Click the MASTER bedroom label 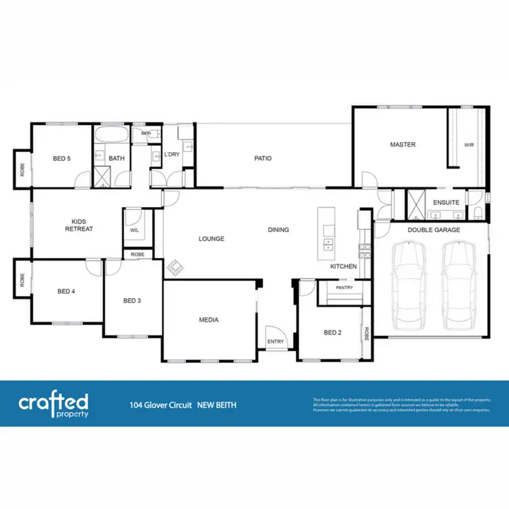(x=402, y=145)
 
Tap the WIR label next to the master (x=468, y=145)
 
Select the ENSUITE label (x=446, y=202)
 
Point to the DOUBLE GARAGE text (x=433, y=230)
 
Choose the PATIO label (x=263, y=159)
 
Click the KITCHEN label (x=343, y=266)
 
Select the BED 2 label (x=332, y=333)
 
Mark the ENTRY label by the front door (x=276, y=341)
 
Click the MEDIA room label (x=208, y=319)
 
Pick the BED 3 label (x=132, y=301)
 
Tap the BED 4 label (x=66, y=291)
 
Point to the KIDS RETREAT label (x=78, y=225)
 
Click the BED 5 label (x=62, y=159)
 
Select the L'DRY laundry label (x=172, y=155)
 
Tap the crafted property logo (x=53, y=402)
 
